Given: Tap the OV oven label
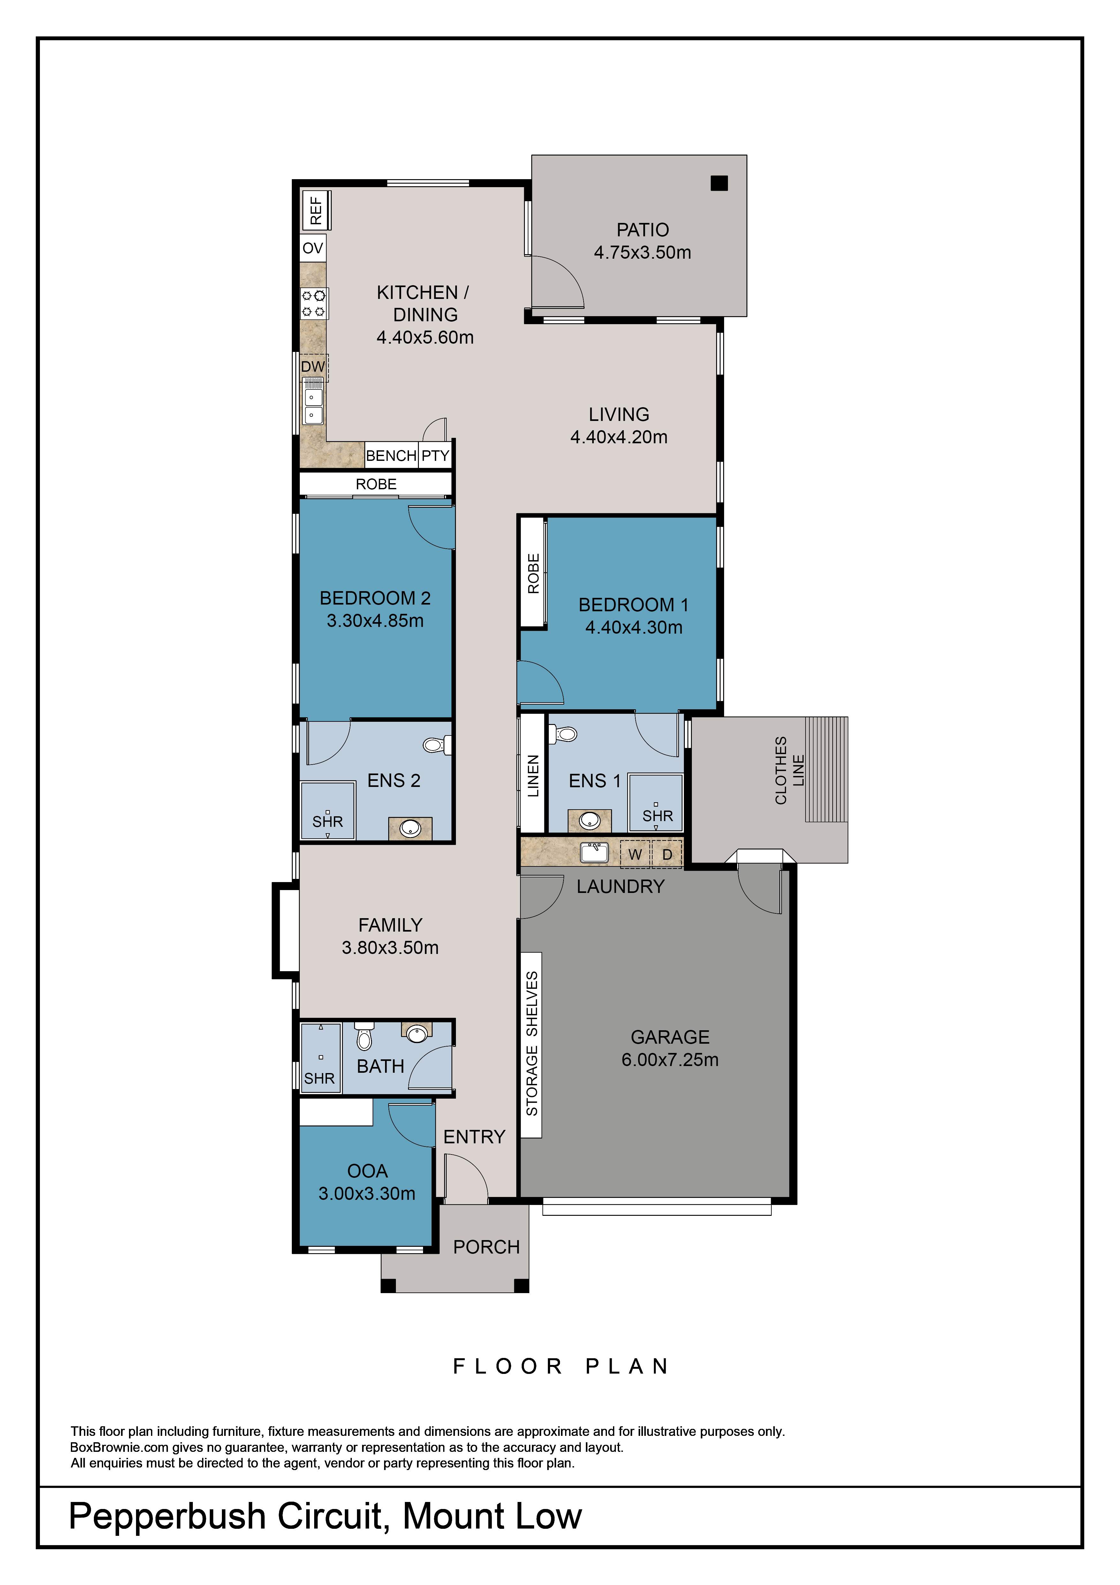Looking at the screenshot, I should coord(313,248).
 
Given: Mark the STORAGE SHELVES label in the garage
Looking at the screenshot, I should coord(531,1044).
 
